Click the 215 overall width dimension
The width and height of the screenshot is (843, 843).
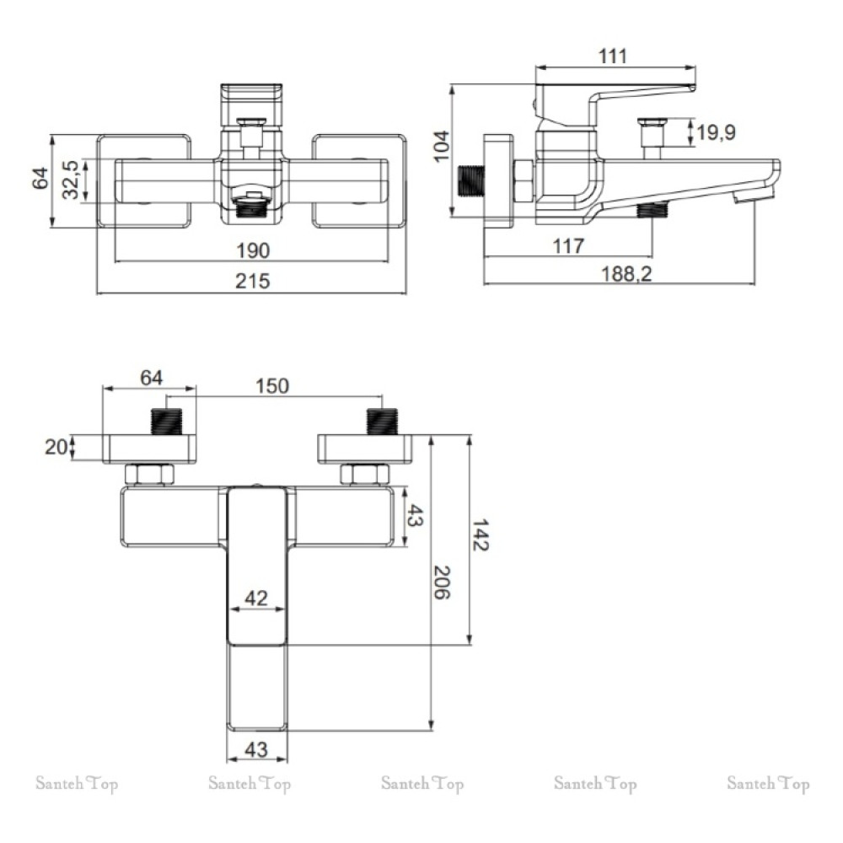252,282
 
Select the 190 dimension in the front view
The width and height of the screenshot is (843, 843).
253,250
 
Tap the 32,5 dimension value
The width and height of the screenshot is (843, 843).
71,180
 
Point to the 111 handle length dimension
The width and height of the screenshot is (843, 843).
612,56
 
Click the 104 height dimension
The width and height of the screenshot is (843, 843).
442,146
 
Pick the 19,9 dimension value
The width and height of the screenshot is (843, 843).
716,132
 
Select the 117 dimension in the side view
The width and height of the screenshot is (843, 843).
568,246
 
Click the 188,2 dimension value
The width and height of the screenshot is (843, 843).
626,274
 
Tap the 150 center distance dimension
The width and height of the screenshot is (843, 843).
272,386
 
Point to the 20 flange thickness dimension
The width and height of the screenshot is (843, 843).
56,447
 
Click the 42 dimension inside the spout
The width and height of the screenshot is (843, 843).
256,598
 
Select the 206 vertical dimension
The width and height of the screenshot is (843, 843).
442,583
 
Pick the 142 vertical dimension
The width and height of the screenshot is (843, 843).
481,535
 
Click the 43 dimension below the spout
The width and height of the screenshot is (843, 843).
256,749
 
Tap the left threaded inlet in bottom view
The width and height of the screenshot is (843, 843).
167,421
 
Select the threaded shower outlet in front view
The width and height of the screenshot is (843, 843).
252,205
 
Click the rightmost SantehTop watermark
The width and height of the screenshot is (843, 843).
768,783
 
